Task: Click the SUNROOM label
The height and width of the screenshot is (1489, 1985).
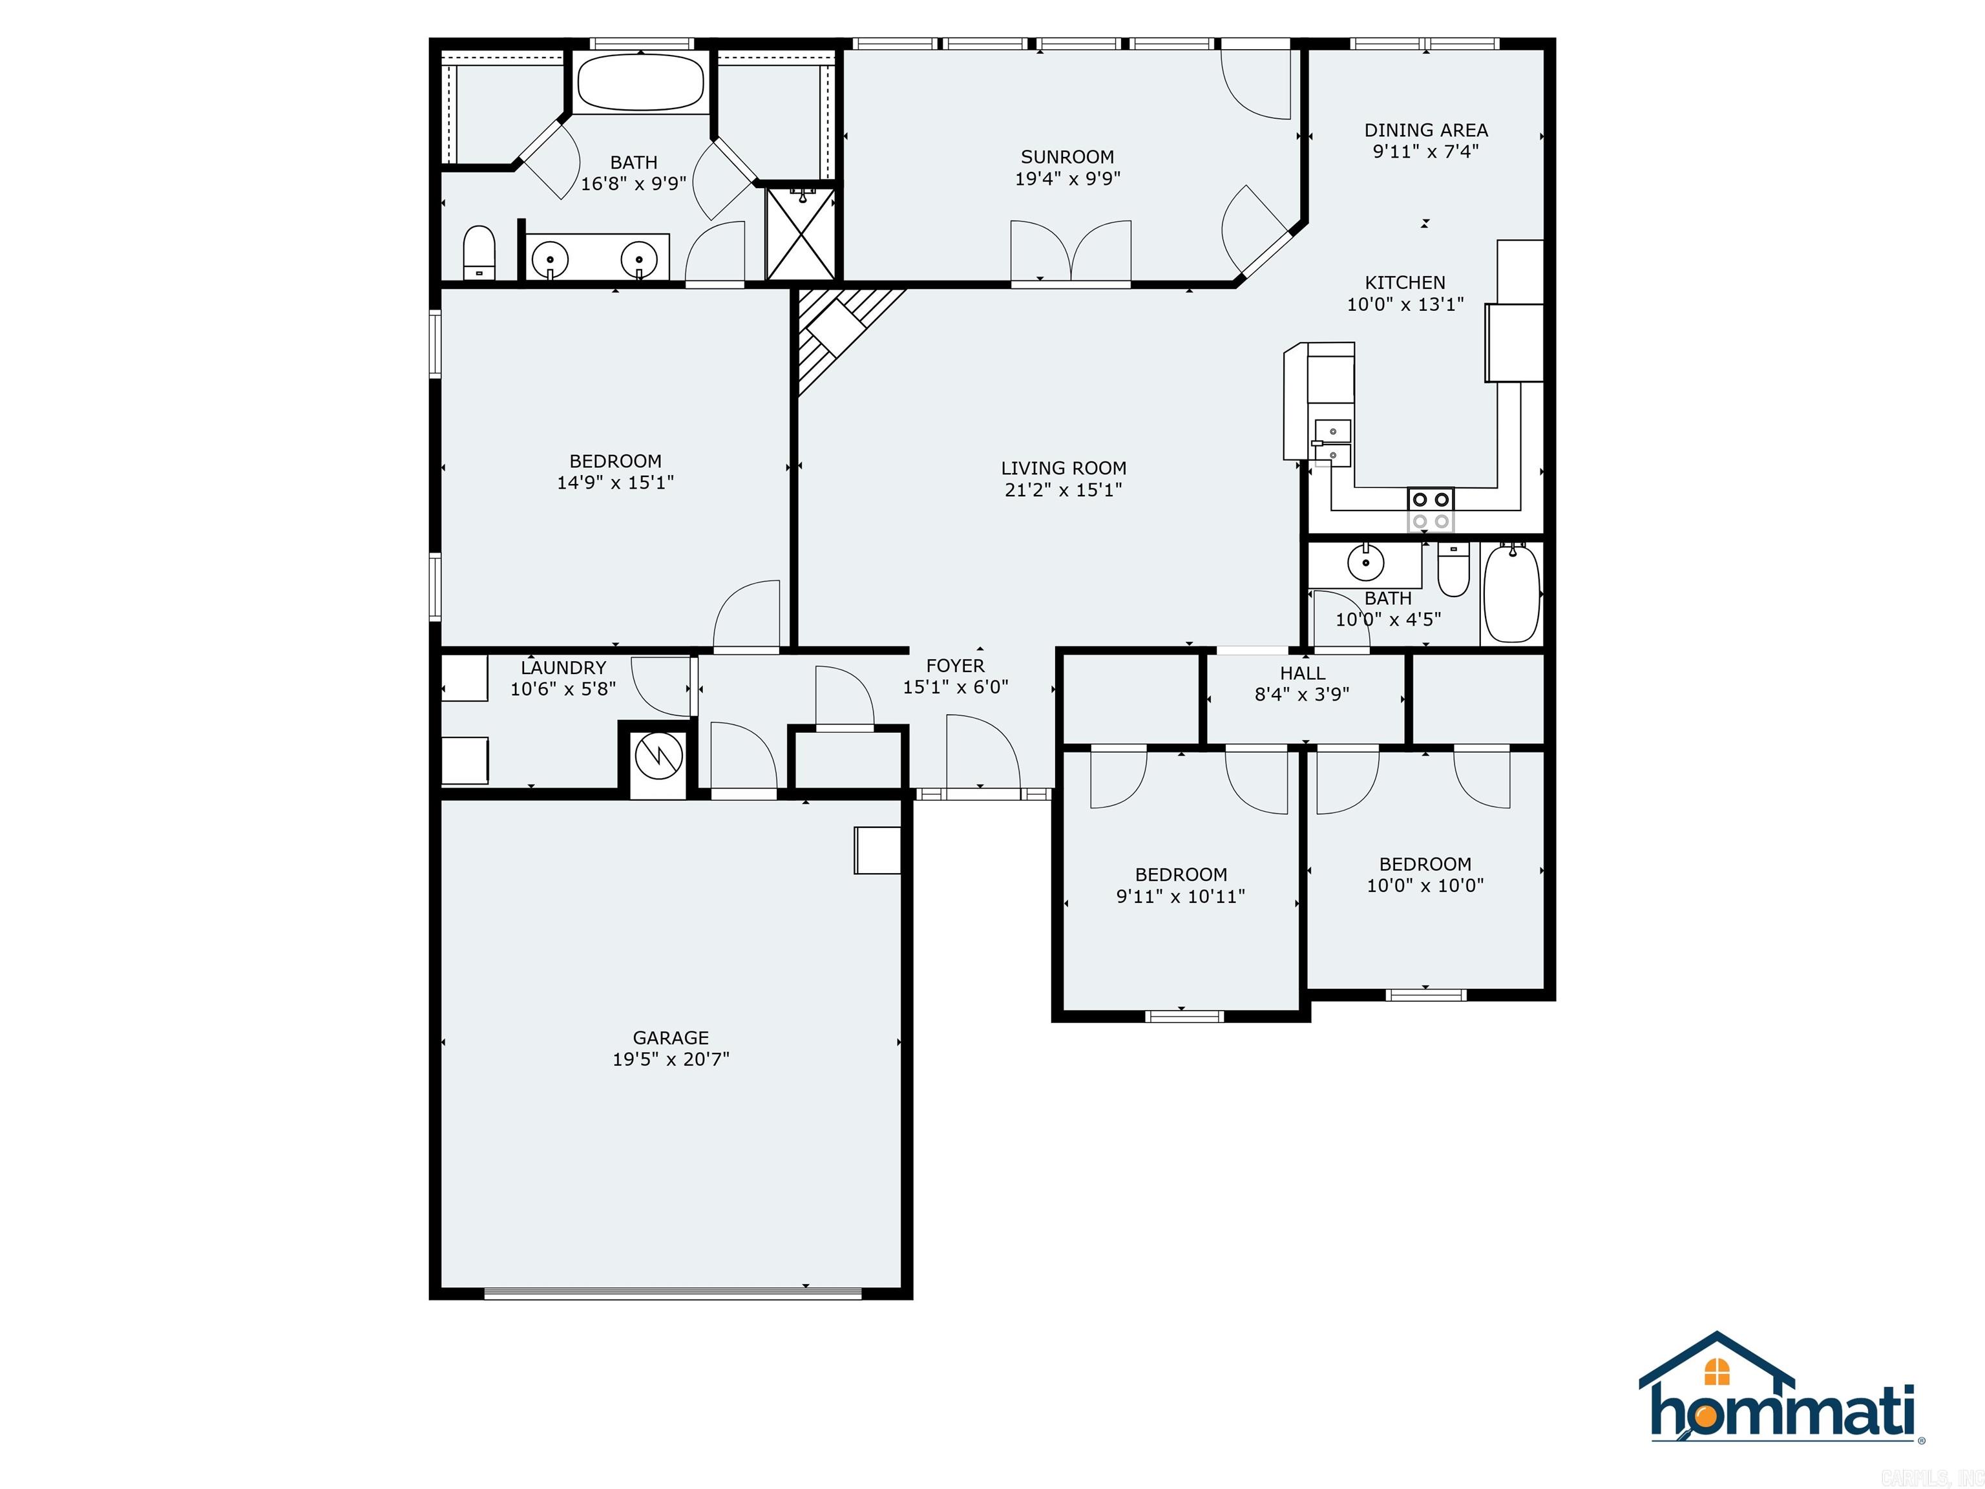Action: pyautogui.click(x=1067, y=157)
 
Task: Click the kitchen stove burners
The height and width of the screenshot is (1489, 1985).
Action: pyautogui.click(x=1431, y=510)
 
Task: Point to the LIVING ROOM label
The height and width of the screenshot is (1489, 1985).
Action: pyautogui.click(x=1064, y=469)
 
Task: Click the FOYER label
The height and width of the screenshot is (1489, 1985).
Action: pyautogui.click(x=955, y=666)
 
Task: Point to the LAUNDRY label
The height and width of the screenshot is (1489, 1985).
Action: pyautogui.click(x=563, y=668)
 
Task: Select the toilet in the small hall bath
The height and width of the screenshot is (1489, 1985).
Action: pyautogui.click(x=1453, y=571)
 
